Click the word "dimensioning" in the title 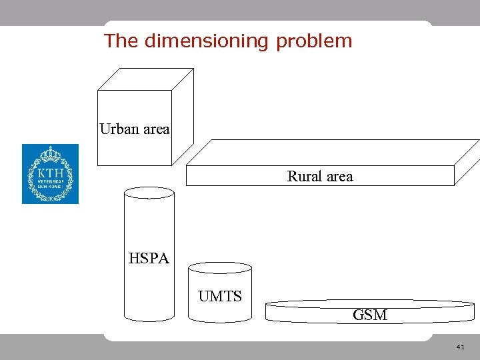coord(206,41)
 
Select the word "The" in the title coord(121,41)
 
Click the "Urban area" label coord(135,129)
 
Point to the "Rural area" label coord(320,176)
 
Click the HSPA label coord(149,258)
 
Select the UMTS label coord(220,296)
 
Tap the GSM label coord(370,315)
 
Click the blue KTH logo coord(50,174)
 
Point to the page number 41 coord(460,347)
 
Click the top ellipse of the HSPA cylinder coord(149,193)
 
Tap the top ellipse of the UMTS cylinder coord(220,268)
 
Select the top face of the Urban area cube coord(145,79)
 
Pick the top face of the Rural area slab coord(333,153)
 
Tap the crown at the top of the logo coord(50,155)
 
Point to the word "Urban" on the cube coord(119,129)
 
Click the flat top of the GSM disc coord(370,303)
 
